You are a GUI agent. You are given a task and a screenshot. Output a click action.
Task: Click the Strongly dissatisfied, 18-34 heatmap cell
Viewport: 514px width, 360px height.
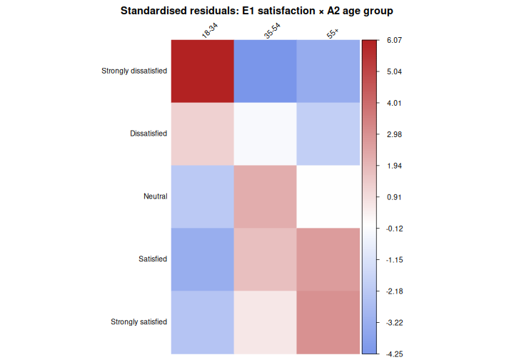pos(203,71)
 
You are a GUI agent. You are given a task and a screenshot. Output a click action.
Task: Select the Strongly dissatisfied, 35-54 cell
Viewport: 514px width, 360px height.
pos(265,71)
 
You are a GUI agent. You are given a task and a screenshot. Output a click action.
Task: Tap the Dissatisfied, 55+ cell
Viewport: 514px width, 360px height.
pos(328,134)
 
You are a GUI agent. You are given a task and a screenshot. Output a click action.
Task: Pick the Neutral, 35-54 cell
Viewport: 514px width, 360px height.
pos(265,196)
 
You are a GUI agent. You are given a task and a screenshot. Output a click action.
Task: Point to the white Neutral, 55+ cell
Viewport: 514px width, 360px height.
pos(328,196)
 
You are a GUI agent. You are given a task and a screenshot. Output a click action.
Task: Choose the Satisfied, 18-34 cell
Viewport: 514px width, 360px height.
pos(203,259)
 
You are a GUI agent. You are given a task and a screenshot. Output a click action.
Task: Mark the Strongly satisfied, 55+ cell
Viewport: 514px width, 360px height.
pos(328,321)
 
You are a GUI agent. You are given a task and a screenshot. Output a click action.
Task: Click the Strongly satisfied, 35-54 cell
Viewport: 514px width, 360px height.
pos(265,321)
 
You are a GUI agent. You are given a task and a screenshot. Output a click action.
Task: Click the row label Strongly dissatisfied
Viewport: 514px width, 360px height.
pos(134,71)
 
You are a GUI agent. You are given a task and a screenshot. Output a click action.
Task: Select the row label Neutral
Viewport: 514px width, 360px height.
pos(155,196)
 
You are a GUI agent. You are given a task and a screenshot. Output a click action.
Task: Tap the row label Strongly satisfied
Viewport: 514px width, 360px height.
pos(138,322)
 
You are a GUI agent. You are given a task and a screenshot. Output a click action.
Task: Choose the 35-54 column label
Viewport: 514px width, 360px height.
pos(271,31)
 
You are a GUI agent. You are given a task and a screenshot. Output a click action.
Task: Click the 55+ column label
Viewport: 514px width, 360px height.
pos(333,33)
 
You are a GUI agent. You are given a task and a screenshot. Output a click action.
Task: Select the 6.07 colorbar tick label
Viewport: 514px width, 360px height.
pos(394,41)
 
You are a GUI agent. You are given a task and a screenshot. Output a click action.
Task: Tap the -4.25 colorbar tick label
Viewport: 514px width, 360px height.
pos(394,354)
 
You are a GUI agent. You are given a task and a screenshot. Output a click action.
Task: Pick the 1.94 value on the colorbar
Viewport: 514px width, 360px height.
pos(394,166)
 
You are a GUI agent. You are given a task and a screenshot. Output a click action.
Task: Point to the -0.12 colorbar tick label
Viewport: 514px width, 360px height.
pos(394,229)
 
